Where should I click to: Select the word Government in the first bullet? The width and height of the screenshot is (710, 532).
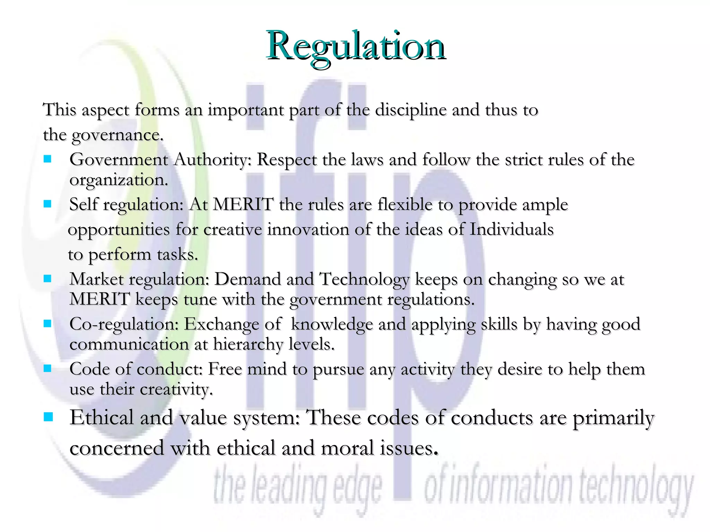[119, 160]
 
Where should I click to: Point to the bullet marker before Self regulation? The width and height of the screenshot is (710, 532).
[47, 204]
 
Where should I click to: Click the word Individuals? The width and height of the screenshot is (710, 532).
[511, 230]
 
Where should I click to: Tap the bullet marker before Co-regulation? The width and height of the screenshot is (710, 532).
[47, 323]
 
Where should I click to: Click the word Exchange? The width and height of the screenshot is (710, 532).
[221, 324]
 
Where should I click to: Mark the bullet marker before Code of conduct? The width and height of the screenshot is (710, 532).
[47, 368]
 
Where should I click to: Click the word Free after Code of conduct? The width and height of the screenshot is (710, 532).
[225, 369]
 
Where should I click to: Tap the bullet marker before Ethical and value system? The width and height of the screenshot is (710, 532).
[48, 417]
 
